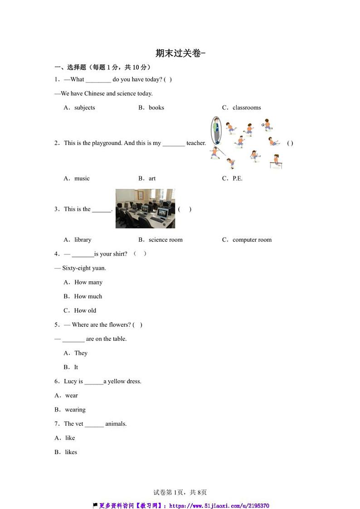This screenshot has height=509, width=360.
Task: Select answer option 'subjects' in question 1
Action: point(84,107)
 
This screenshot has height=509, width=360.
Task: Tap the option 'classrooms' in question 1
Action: point(246,107)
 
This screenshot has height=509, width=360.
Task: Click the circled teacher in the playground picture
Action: point(216,130)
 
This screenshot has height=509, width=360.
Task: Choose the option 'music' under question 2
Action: point(82,178)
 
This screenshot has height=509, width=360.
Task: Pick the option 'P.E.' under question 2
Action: point(237,178)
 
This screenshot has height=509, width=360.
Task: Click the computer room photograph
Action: point(145,208)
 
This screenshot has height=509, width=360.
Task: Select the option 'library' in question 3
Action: point(83,240)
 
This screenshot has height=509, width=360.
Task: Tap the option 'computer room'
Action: point(252,240)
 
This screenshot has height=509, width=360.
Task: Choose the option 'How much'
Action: point(88,296)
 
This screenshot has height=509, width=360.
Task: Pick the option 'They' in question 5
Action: point(81,353)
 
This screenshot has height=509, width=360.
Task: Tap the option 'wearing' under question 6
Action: point(75,410)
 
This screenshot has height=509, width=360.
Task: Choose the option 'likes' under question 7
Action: point(71,452)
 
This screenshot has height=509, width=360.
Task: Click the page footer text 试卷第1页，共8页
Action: point(180,492)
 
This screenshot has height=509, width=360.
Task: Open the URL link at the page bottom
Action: point(219,506)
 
